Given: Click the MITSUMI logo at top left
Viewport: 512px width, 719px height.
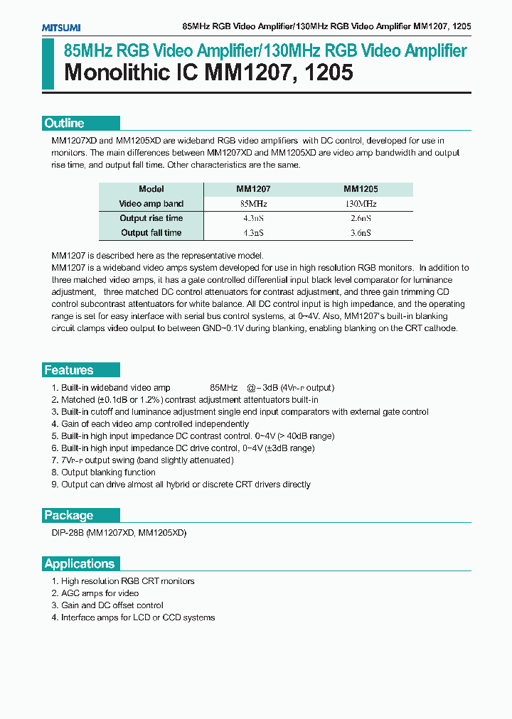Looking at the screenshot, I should click(60, 27).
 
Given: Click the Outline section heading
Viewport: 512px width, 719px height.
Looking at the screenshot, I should click(64, 123).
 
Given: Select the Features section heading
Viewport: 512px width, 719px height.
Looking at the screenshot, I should click(69, 370).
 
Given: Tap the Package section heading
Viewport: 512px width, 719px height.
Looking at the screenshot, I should click(69, 515).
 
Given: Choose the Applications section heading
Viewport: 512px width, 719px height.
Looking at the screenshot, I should click(79, 563).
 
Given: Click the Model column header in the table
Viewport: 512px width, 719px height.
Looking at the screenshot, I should click(151, 189).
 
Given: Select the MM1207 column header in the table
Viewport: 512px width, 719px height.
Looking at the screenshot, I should click(253, 189).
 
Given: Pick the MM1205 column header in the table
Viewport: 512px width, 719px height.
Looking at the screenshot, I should click(361, 189).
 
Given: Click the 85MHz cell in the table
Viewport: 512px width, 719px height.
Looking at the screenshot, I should click(253, 204).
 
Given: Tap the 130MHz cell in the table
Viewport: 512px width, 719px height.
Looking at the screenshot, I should click(361, 204).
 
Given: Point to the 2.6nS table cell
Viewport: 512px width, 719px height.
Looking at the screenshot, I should click(361, 218).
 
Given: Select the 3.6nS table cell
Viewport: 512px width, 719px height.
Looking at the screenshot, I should click(361, 232).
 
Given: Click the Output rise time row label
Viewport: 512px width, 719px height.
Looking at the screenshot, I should click(151, 218).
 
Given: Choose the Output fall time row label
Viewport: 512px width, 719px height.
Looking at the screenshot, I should click(151, 232).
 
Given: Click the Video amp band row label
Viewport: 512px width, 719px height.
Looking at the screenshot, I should click(151, 204).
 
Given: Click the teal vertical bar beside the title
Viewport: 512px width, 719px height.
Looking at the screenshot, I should click(47, 64).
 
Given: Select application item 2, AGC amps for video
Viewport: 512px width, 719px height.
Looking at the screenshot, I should click(100, 593).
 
